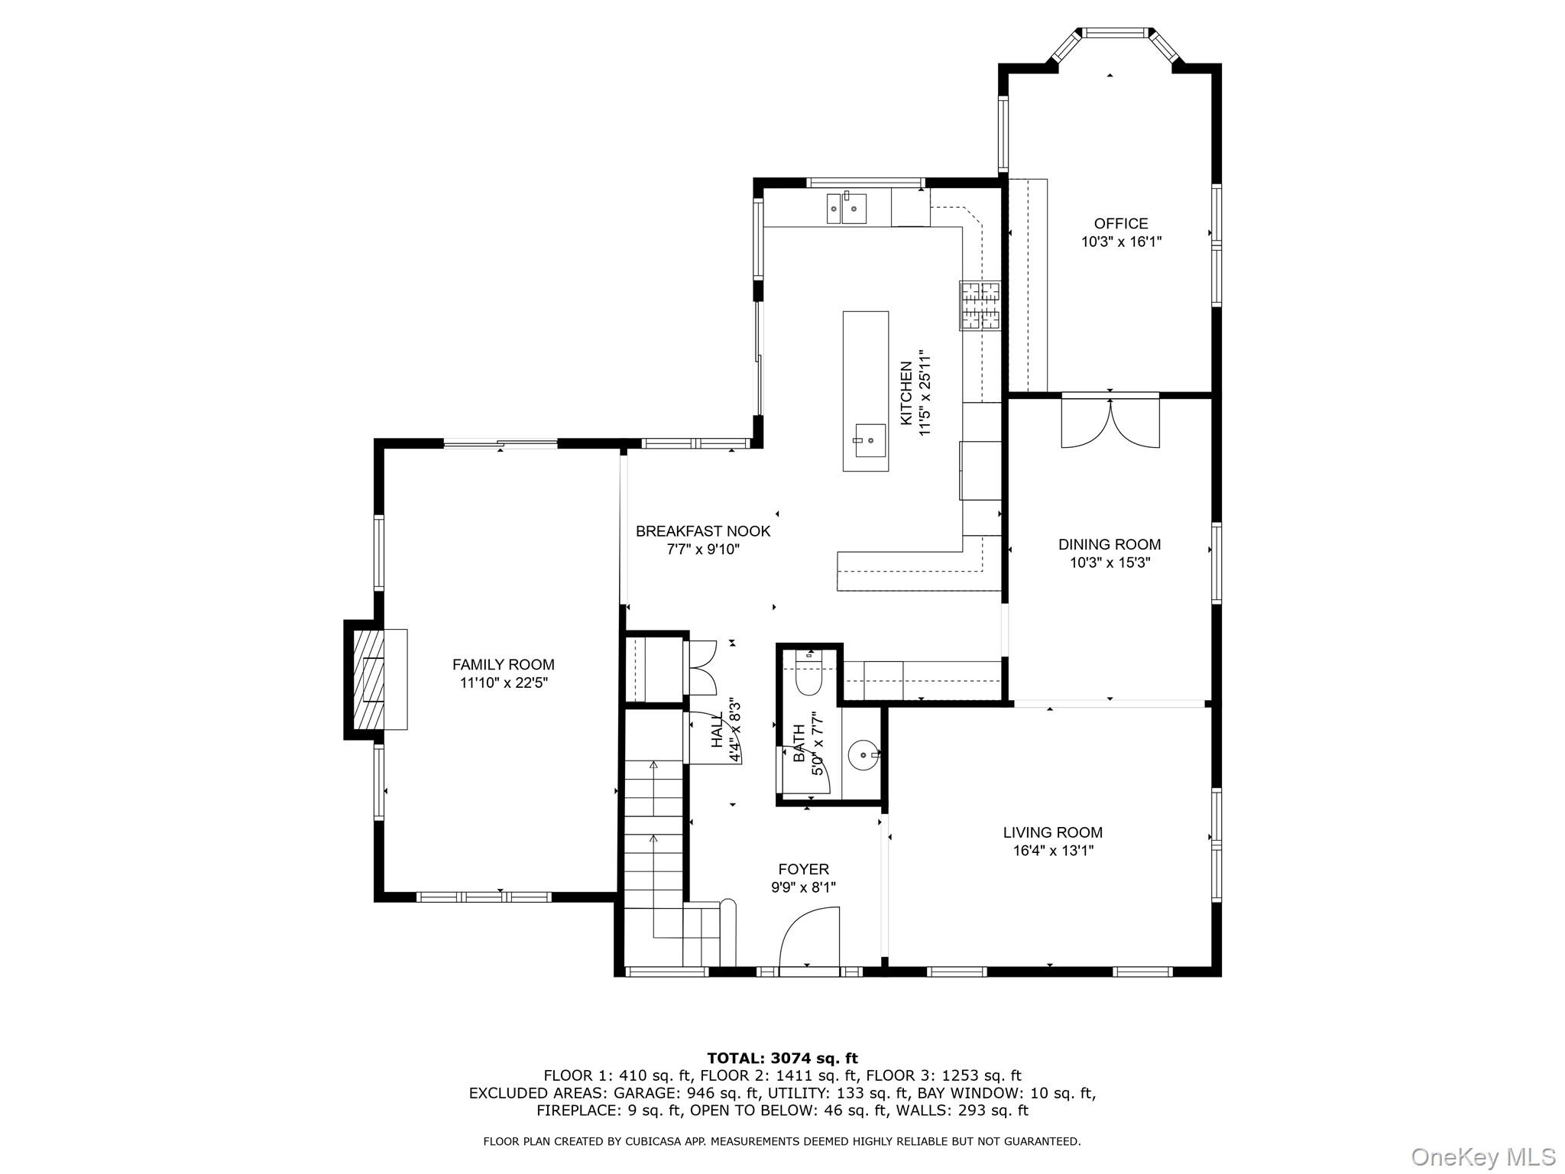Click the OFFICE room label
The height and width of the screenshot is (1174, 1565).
(x=1120, y=223)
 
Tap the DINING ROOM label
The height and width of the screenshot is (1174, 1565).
(x=1109, y=544)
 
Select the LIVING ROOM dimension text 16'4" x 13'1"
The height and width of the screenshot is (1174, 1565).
(x=1052, y=851)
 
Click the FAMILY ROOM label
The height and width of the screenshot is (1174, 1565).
(x=503, y=664)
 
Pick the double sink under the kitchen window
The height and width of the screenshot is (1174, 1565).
(x=846, y=208)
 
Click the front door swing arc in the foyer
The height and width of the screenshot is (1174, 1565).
(x=808, y=936)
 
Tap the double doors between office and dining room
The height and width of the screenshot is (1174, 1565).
(x=1110, y=422)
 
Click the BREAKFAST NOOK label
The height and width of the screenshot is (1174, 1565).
(x=703, y=530)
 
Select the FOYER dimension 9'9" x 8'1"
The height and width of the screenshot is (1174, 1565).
(x=803, y=887)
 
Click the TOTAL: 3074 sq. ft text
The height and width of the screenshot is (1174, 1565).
(x=782, y=1058)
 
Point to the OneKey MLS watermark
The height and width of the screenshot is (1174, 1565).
(x=1482, y=1156)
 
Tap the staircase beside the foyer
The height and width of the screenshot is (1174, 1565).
(x=653, y=841)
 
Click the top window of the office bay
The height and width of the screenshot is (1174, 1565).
(x=1115, y=33)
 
